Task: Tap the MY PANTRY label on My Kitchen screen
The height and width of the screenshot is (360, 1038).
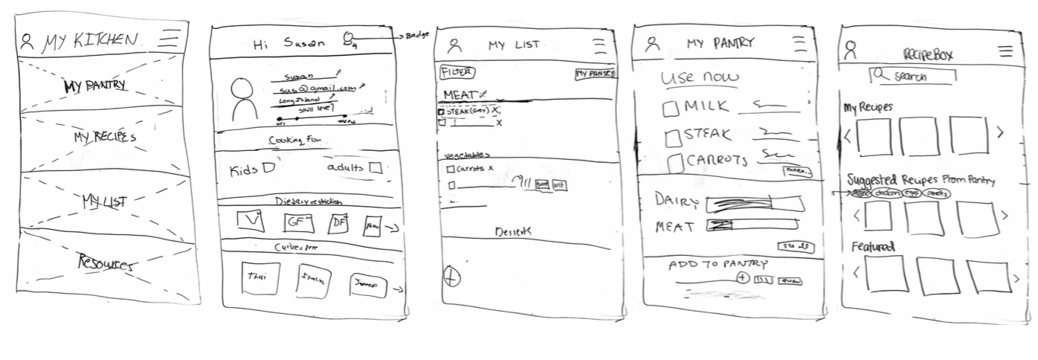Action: (x=94, y=86)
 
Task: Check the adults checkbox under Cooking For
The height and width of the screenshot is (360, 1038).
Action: (x=375, y=169)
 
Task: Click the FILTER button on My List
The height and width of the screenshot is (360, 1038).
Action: (x=457, y=72)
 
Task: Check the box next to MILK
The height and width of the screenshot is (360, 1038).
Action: (x=671, y=109)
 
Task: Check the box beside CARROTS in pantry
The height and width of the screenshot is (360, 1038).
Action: (x=676, y=162)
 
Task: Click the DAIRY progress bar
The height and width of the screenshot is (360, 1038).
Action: (x=752, y=203)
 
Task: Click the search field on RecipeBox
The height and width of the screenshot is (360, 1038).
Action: (x=913, y=76)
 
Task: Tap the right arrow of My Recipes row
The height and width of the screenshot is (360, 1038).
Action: (x=1000, y=133)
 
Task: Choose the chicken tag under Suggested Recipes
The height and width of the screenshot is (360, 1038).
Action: (x=889, y=193)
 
